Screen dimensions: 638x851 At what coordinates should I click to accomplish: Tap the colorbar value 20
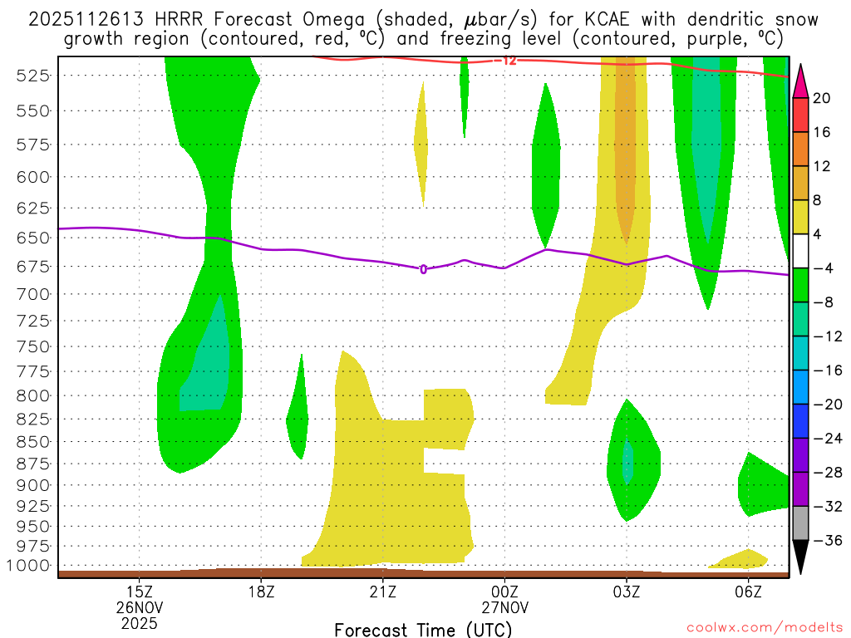[821, 98]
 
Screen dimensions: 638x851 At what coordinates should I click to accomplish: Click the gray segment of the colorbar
[800, 523]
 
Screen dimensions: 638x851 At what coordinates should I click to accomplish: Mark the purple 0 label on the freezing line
[423, 269]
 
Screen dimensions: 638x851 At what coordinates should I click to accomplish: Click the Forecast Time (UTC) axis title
[424, 629]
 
